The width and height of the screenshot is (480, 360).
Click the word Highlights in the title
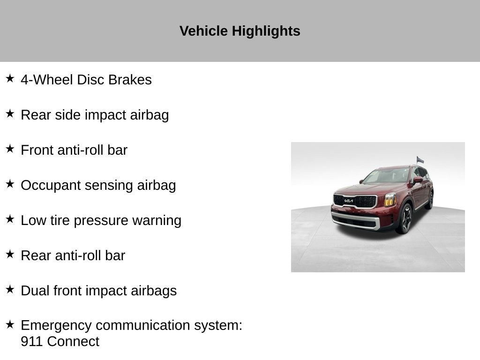point(266,31)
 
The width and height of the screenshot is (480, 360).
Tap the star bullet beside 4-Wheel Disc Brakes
point(10,78)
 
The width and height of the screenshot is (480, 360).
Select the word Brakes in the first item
point(130,80)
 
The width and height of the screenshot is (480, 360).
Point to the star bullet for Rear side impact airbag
point(10,113)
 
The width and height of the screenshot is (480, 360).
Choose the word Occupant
point(51,186)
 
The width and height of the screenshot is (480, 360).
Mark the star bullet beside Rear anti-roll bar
point(10,254)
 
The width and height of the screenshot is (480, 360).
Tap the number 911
point(32,342)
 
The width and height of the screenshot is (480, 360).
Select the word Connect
point(73,342)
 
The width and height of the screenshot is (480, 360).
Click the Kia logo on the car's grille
point(349,201)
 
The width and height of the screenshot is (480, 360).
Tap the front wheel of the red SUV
point(405,218)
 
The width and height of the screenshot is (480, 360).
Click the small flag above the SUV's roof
point(420,160)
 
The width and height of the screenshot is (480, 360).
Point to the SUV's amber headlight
point(390,200)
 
